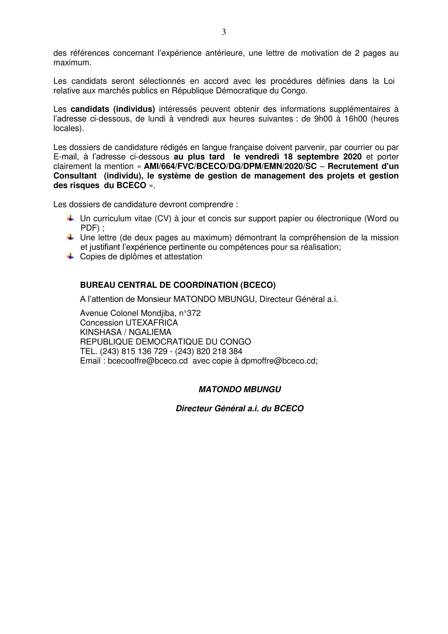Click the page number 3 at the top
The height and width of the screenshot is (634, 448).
tap(224, 33)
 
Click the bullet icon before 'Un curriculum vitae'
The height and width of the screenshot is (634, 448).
tap(70, 218)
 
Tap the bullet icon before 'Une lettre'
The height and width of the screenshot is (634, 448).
tap(70, 237)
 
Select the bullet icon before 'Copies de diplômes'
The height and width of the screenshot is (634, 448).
tap(70, 256)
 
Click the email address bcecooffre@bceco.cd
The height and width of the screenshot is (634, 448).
tap(148, 361)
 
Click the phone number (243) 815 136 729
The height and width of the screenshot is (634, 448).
tap(134, 351)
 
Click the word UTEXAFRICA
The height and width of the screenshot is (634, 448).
tap(152, 323)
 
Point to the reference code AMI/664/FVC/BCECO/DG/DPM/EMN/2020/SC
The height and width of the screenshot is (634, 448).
tap(230, 166)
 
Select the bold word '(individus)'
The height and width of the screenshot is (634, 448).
tap(134, 109)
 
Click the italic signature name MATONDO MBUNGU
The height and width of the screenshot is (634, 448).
tap(240, 389)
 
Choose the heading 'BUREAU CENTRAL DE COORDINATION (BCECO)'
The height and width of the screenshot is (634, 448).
tap(178, 285)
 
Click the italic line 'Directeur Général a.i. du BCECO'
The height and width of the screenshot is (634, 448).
tap(240, 408)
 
